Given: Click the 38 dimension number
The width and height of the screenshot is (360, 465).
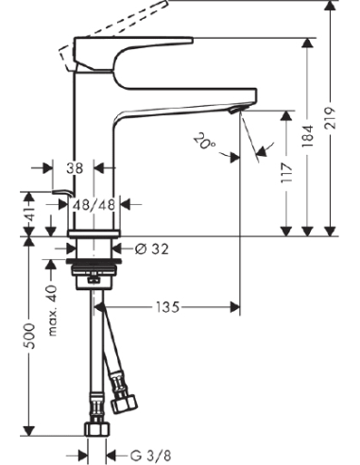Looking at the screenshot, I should point(76,167).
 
